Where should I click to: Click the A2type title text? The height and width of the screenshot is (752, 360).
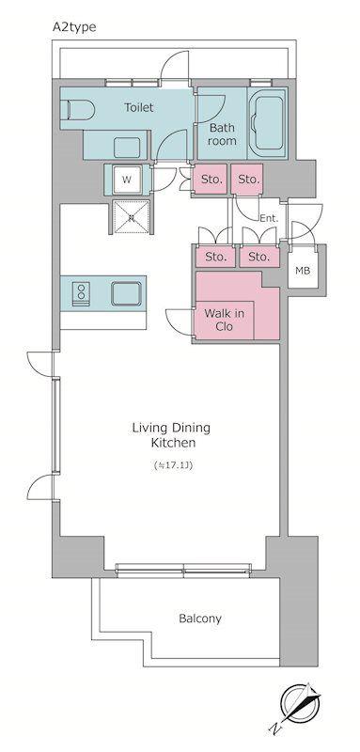[74, 27]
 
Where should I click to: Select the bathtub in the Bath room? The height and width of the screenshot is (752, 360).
[270, 123]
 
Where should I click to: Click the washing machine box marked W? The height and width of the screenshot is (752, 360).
[127, 180]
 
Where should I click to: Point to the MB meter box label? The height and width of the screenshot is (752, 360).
[303, 271]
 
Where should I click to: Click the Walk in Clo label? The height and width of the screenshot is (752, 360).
[225, 320]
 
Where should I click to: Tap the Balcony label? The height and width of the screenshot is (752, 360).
[200, 619]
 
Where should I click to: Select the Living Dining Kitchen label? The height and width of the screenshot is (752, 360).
[172, 435]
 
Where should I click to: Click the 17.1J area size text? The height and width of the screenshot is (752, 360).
[173, 465]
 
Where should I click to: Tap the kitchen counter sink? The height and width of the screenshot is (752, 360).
[127, 293]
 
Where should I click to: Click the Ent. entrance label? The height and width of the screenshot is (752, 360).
[269, 219]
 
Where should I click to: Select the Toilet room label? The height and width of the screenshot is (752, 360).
[139, 107]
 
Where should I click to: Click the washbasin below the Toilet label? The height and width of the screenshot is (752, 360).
[127, 148]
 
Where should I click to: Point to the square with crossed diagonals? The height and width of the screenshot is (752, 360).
[131, 217]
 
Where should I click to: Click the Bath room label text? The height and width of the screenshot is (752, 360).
[222, 134]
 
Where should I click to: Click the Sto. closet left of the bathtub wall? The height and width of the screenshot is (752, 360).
[248, 180]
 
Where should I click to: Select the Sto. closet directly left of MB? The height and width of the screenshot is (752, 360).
[259, 257]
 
